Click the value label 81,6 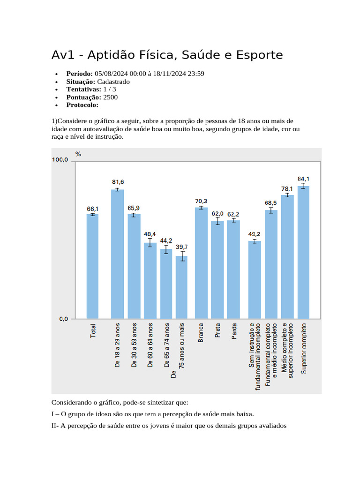tap(118, 182)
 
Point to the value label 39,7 tap(181, 247)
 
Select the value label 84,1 tap(303, 179)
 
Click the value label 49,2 tap(255, 233)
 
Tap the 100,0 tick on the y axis tap(60, 160)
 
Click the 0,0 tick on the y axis tap(63, 319)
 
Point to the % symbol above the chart tap(78, 154)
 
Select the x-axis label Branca tap(201, 333)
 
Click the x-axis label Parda tap(234, 331)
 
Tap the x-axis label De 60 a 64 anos tap(150, 345)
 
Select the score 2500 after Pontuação tap(111, 97)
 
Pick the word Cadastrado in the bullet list tap(113, 82)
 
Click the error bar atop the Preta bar tap(217, 221)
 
